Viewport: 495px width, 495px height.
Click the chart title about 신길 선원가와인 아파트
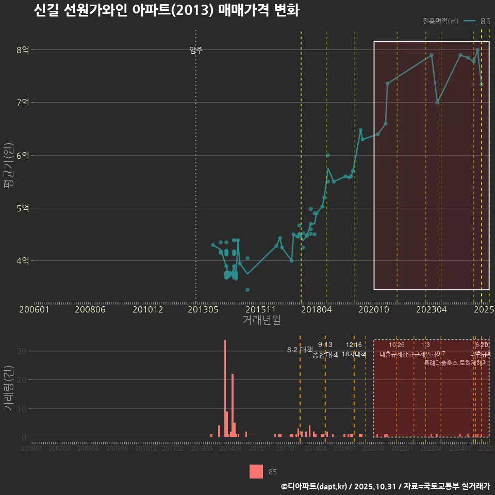[x=166, y=11]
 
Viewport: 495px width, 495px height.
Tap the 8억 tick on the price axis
[x=23, y=50]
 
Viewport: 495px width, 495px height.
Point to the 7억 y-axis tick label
[x=23, y=103]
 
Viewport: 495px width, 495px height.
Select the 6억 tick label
[x=23, y=155]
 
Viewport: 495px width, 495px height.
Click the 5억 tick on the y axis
[x=23, y=208]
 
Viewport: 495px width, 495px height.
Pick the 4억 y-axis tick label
[x=23, y=261]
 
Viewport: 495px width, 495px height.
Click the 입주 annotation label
[x=196, y=50]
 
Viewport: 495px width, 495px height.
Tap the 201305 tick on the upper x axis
[x=202, y=310]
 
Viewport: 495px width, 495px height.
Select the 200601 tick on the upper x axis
[x=34, y=310]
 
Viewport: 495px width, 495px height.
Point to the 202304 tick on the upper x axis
[x=431, y=310]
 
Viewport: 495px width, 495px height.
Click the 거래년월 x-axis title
[x=261, y=320]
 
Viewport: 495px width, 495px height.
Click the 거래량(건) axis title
[x=8, y=389]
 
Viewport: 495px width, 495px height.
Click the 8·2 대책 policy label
[x=300, y=350]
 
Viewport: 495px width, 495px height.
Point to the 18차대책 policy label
[x=354, y=354]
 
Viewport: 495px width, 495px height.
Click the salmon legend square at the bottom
[x=256, y=471]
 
